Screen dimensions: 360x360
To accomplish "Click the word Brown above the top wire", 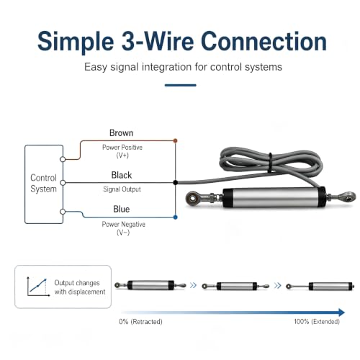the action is tap(121, 133).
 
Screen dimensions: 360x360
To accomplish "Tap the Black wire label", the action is tap(122, 175).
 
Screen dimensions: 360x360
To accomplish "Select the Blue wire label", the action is tap(121, 209).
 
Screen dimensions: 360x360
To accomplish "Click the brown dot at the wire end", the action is tap(175, 140).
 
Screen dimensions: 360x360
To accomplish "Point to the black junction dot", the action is tap(176, 183).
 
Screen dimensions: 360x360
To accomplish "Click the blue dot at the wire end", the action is tap(176, 217).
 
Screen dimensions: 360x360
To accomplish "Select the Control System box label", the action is tap(43, 184).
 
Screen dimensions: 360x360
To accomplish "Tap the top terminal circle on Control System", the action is tap(63, 159).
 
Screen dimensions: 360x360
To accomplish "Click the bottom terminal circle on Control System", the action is tap(63, 212).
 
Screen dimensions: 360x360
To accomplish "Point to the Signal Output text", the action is tap(122, 189).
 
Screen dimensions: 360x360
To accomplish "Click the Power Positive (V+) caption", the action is tap(122, 151).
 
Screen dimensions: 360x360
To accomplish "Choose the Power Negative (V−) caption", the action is tap(123, 228).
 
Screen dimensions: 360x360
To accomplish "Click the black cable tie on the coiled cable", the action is tap(270, 162).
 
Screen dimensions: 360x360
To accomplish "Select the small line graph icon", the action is tap(38, 287).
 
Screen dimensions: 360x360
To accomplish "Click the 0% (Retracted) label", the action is tap(140, 322).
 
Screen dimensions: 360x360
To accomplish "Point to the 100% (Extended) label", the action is tap(317, 322).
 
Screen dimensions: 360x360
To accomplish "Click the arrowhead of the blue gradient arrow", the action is tap(342, 312).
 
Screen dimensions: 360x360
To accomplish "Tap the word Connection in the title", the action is tap(264, 41).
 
